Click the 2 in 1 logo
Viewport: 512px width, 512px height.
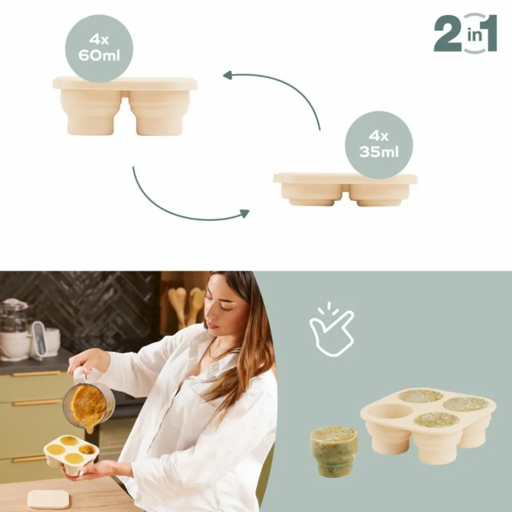(465, 33)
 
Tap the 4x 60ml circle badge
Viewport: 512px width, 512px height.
(99, 48)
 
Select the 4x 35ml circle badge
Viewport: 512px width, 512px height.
(379, 145)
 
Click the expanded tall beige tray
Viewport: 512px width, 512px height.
(125, 106)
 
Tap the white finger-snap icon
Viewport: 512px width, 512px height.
(331, 332)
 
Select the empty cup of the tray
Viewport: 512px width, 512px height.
(391, 412)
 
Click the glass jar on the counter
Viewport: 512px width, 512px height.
(14, 325)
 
